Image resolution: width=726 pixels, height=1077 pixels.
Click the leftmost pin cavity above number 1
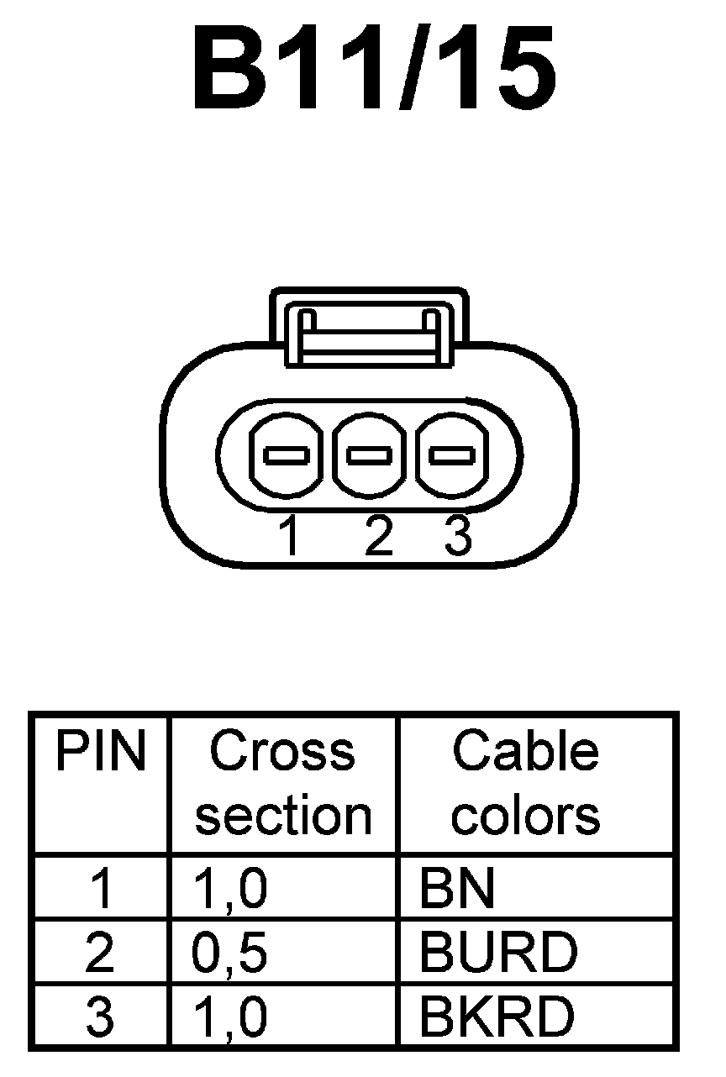tap(287, 455)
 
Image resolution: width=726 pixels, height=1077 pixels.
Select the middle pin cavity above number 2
tap(370, 455)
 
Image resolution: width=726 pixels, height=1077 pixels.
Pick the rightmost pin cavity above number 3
tap(451, 455)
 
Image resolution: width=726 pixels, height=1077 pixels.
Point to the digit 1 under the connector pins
tap(290, 537)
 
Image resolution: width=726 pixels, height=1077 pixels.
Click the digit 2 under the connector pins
tap(378, 537)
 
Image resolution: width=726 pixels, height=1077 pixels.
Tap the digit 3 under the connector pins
tap(458, 537)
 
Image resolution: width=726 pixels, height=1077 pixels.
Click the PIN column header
tap(100, 752)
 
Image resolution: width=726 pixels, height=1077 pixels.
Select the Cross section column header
tap(283, 783)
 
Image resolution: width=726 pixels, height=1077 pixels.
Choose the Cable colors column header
tap(526, 783)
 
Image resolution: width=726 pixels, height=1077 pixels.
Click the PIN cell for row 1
tap(100, 889)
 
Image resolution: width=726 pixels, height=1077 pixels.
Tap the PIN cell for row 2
tap(100, 952)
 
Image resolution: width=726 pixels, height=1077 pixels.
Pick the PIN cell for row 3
tap(100, 1016)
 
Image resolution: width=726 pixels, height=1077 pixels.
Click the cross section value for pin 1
tap(230, 889)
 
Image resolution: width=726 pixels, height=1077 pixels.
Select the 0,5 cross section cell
tap(230, 952)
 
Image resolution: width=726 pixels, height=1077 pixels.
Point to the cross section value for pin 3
tap(230, 1016)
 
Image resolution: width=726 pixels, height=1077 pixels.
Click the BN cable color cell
tap(458, 889)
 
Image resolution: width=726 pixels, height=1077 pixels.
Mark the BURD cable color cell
tap(498, 952)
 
